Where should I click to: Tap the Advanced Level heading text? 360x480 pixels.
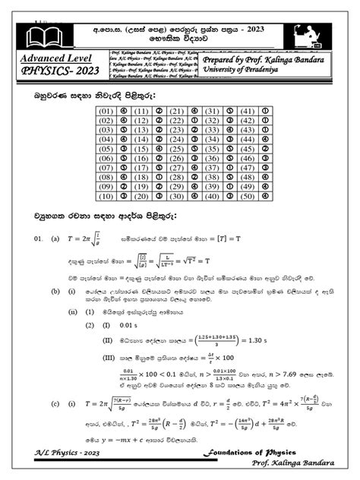point(54,58)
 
